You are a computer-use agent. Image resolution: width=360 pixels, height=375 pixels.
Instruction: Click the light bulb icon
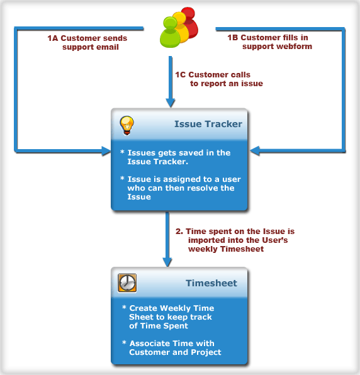[127, 126]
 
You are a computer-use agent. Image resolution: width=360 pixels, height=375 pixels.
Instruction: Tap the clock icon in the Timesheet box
[127, 283]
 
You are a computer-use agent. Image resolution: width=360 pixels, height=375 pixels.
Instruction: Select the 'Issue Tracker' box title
[208, 124]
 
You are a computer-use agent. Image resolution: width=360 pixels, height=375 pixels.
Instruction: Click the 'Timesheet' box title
[211, 283]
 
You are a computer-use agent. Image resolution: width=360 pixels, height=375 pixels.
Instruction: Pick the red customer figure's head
[188, 13]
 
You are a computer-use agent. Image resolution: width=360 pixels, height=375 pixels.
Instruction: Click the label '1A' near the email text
[53, 38]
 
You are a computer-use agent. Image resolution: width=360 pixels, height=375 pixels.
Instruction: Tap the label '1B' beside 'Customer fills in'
[233, 38]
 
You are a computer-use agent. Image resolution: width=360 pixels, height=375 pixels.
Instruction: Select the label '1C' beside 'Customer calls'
[181, 75]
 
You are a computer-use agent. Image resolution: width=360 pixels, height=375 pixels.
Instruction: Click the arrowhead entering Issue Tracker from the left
[106, 151]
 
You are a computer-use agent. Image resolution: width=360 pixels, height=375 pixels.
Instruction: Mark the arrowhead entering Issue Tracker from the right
[255, 151]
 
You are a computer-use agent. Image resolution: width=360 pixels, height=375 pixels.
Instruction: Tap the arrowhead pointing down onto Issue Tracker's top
[171, 103]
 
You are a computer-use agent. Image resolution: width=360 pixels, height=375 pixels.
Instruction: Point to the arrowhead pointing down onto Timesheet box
[167, 262]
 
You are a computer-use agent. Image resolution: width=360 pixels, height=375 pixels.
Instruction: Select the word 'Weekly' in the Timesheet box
[172, 308]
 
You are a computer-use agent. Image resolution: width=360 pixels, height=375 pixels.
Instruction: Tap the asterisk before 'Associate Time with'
[124, 343]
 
